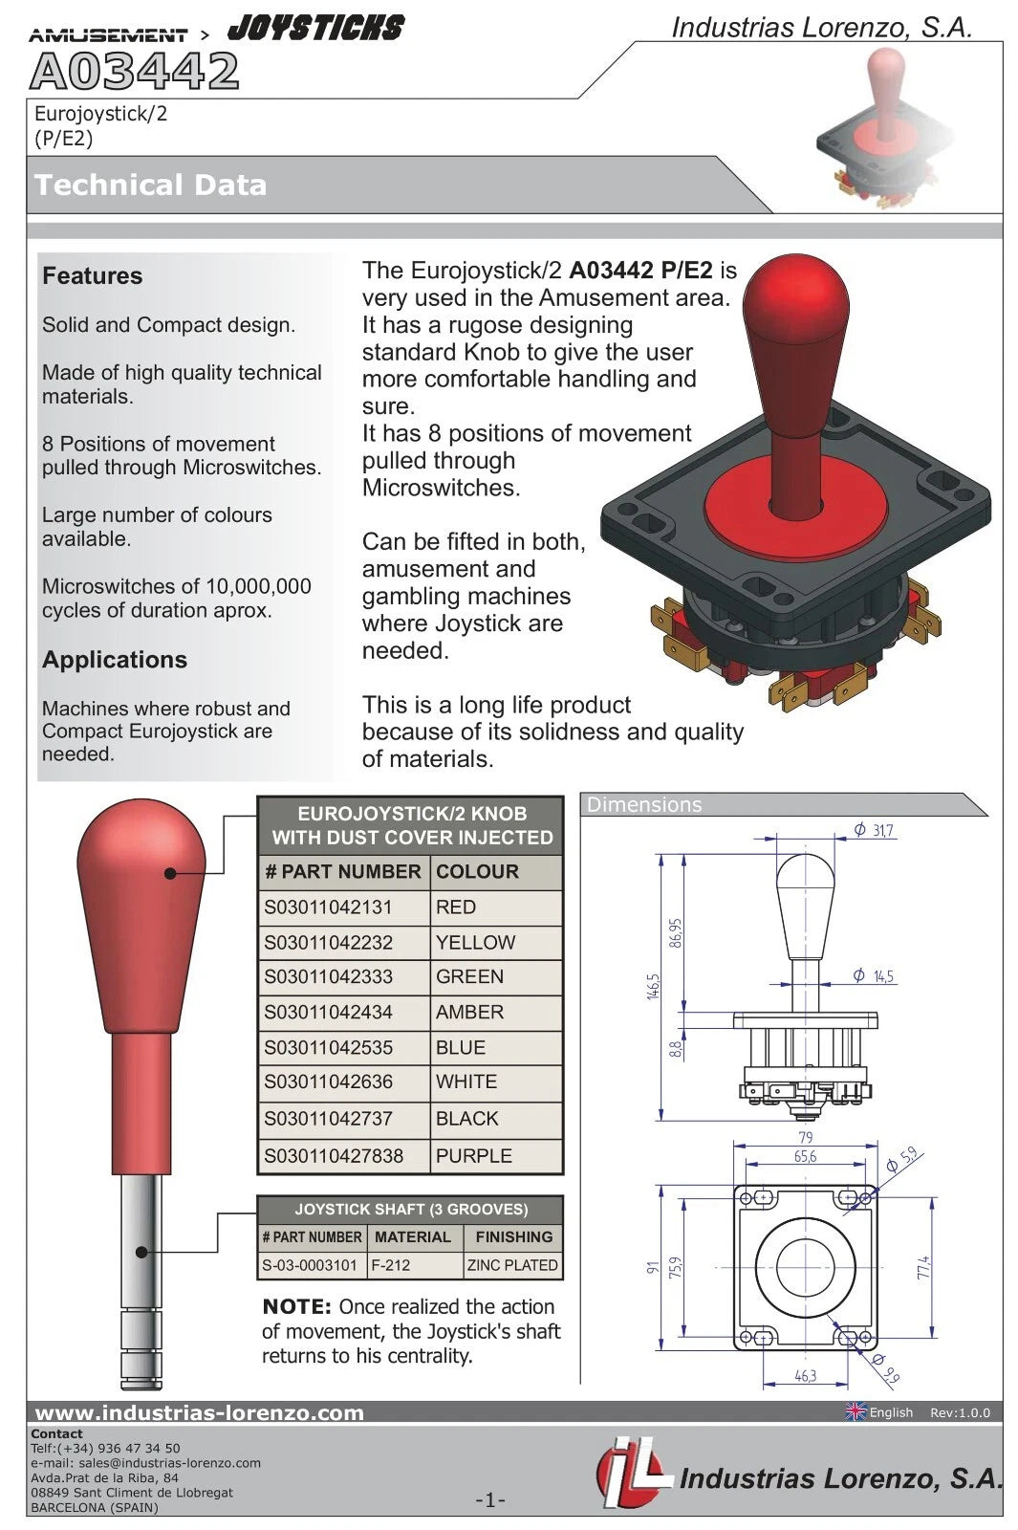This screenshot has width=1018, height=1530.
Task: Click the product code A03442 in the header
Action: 134,71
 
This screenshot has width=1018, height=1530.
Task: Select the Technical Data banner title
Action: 150,185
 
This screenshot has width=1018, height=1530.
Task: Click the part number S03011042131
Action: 328,907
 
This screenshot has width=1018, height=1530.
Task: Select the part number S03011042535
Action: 328,1048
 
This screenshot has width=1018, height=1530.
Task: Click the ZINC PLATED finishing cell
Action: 512,1265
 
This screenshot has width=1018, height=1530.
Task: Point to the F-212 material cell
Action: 391,1265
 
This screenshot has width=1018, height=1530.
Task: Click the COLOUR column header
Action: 477,872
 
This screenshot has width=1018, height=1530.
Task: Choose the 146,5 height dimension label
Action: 654,986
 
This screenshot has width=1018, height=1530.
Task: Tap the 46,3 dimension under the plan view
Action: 805,1376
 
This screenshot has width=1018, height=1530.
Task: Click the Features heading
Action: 92,276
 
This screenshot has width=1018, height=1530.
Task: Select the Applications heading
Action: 114,660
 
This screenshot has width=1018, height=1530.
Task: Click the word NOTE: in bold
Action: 296,1307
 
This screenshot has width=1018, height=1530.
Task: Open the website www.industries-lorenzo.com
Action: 199,1412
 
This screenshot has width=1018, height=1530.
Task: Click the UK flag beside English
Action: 856,1411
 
